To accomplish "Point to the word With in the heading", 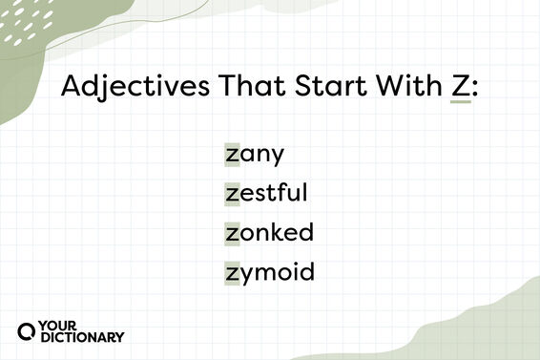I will click(x=397, y=88).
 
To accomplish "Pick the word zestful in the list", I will click(x=266, y=192).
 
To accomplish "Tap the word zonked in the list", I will click(x=269, y=232).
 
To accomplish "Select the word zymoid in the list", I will click(x=270, y=272).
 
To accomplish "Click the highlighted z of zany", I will click(x=231, y=153).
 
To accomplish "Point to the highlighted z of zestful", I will click(x=231, y=193).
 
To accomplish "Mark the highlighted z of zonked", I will click(x=231, y=233).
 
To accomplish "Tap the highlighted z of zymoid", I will click(x=231, y=273).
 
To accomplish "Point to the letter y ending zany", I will click(x=278, y=156).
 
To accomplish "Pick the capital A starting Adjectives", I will click(x=72, y=88).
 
